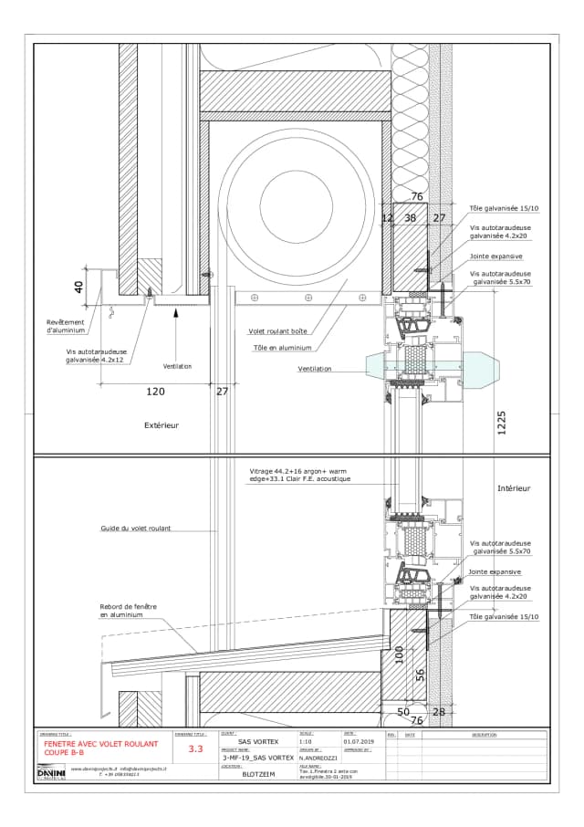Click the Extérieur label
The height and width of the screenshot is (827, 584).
(162, 425)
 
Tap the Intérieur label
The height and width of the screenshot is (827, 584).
(514, 488)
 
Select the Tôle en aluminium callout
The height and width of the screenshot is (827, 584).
(283, 347)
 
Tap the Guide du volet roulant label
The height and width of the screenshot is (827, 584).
(136, 529)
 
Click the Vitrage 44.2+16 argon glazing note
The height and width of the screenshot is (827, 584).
(300, 475)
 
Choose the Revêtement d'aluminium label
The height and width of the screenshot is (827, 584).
(68, 326)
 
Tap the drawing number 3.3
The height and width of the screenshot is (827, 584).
(195, 748)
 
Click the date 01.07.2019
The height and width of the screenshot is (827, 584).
(359, 742)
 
